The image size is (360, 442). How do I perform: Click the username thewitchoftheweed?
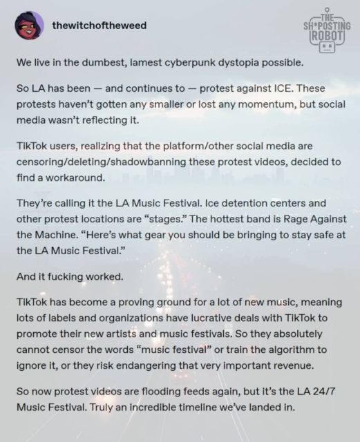pyautogui.click(x=99, y=26)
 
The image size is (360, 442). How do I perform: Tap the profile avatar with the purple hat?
pyautogui.click(x=29, y=26)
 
